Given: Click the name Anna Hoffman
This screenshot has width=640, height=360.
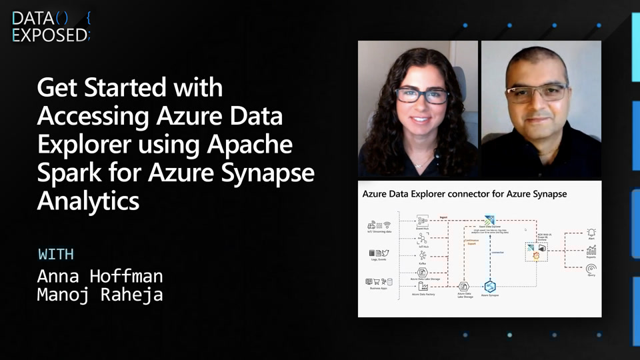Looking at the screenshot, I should (x=100, y=275).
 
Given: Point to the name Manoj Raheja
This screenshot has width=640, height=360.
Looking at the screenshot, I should (x=100, y=294).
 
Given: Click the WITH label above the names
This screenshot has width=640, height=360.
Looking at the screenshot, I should (x=56, y=254).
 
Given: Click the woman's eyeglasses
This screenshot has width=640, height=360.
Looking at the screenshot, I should (x=421, y=95).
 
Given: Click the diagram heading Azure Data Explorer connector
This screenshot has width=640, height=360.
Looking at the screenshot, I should (x=464, y=194).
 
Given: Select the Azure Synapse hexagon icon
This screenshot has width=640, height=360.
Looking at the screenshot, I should (x=490, y=286).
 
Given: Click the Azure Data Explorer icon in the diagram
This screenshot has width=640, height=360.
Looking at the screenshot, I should (x=490, y=220).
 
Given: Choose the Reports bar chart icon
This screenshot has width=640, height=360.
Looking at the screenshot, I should (x=591, y=250).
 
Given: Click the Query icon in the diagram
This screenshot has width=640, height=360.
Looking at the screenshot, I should (x=591, y=269).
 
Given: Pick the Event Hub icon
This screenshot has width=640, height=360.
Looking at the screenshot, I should (x=422, y=220).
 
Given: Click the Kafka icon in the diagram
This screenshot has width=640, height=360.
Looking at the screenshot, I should (x=422, y=255).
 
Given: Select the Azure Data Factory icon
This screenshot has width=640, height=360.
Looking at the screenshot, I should (x=422, y=286).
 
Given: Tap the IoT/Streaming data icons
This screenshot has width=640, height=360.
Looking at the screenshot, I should (x=378, y=225).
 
